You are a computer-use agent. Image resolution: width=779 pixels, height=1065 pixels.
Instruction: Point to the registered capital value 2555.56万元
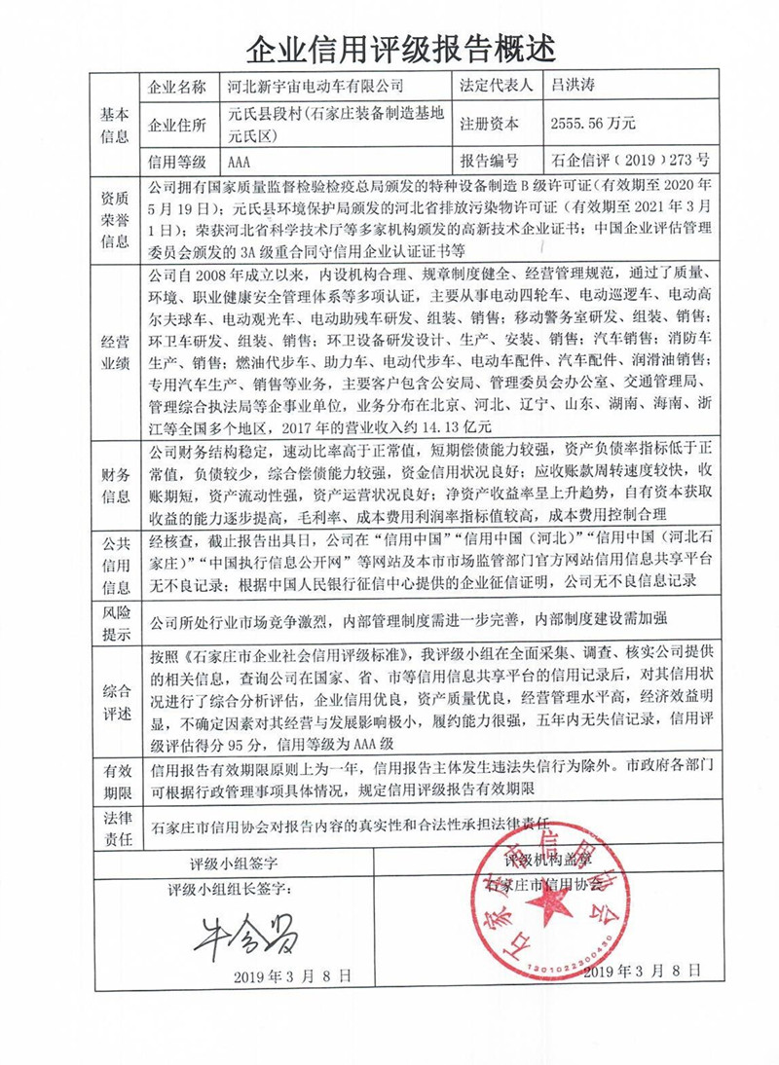pos(593,124)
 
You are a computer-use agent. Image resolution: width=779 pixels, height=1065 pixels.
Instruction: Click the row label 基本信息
pos(114,124)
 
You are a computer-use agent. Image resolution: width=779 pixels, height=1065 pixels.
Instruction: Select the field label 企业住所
pos(176,124)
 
